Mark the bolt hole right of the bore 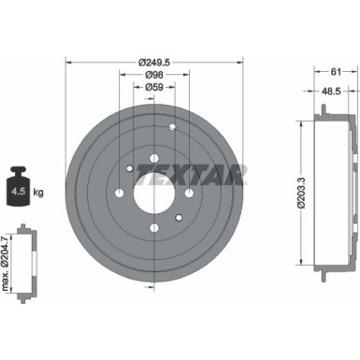(x=188, y=194)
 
